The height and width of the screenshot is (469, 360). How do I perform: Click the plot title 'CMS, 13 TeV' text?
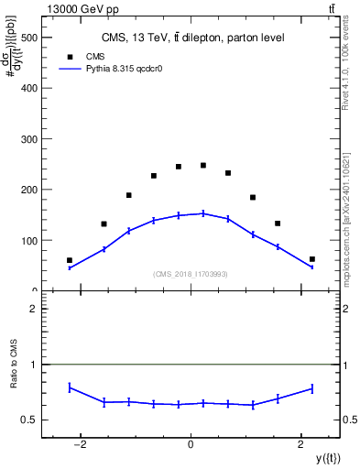[191, 38]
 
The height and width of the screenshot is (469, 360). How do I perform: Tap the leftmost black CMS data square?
[70, 260]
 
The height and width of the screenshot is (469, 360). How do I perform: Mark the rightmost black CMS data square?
[312, 259]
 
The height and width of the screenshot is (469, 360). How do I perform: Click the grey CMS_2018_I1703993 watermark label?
[191, 274]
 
